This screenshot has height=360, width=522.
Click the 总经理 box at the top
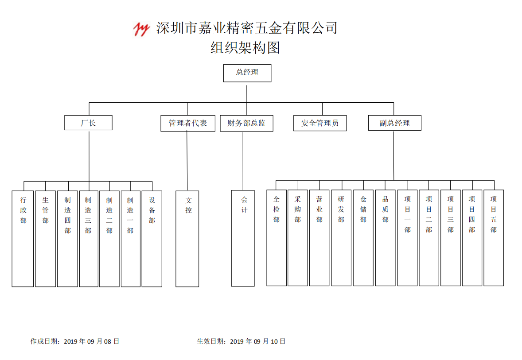point(247,73)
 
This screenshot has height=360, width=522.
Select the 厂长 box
point(88,123)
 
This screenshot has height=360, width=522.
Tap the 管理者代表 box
point(188,123)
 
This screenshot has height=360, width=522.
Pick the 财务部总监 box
point(246,123)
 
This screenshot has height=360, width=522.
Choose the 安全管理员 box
point(320,123)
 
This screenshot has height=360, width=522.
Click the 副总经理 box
point(394,123)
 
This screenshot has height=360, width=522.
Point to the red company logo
point(141,29)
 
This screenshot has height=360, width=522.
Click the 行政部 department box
point(23,239)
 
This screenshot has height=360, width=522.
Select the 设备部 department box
point(152,239)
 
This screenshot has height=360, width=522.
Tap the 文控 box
point(187,239)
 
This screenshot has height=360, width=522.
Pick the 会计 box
point(243,238)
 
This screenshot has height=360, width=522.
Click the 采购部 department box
point(298,238)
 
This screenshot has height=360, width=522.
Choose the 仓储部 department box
point(363,238)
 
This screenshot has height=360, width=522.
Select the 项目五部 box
point(494,238)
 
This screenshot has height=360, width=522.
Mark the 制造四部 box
point(68,239)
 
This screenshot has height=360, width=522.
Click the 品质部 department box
point(385,238)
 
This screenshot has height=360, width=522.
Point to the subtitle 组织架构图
point(245,47)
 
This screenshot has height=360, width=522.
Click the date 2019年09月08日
point(92,341)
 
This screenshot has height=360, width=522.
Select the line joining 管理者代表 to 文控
point(187,161)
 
